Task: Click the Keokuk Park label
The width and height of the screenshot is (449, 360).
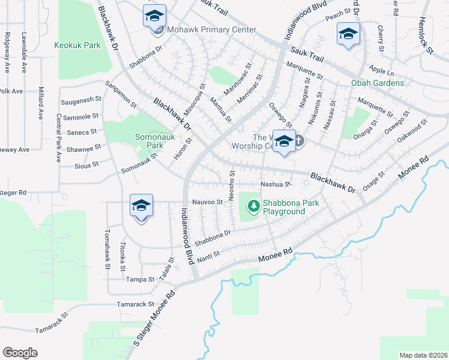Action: (x=77, y=45)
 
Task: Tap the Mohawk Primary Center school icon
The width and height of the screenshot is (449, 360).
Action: (x=154, y=16)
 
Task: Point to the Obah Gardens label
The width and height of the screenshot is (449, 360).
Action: (x=378, y=83)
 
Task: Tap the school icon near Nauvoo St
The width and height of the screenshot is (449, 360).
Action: (x=141, y=206)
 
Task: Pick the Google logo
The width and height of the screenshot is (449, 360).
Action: (x=20, y=352)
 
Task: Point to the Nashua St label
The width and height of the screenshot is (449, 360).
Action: (x=276, y=184)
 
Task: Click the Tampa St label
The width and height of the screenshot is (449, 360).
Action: (x=140, y=279)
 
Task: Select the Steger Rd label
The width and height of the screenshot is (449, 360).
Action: (x=13, y=193)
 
